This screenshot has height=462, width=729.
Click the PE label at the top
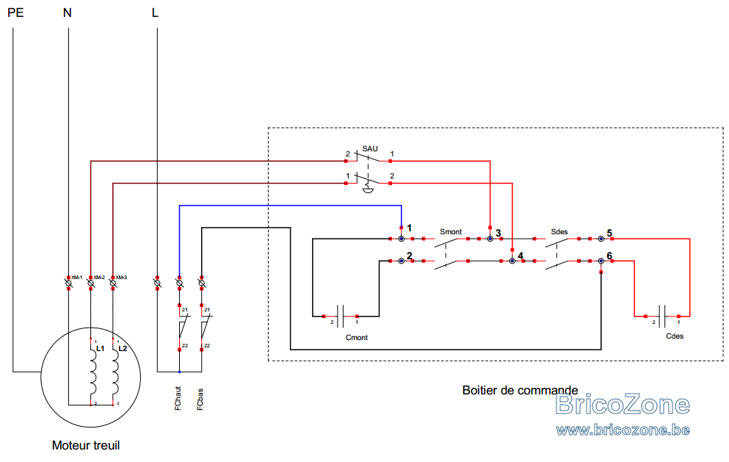click(x=15, y=12)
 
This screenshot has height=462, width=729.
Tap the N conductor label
click(x=68, y=12)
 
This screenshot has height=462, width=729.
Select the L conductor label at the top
click(x=155, y=12)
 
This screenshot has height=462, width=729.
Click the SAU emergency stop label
click(x=370, y=149)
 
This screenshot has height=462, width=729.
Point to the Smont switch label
click(x=451, y=231)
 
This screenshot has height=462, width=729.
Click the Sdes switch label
click(x=559, y=231)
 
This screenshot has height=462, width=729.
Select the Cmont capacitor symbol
click(x=341, y=317)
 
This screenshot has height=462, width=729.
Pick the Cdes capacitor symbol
click(x=662, y=317)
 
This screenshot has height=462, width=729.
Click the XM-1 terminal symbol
click(x=68, y=283)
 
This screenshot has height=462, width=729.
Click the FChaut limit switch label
click(x=178, y=398)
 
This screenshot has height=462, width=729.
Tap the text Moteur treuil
click(x=86, y=445)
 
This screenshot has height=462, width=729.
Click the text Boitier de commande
click(x=521, y=390)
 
